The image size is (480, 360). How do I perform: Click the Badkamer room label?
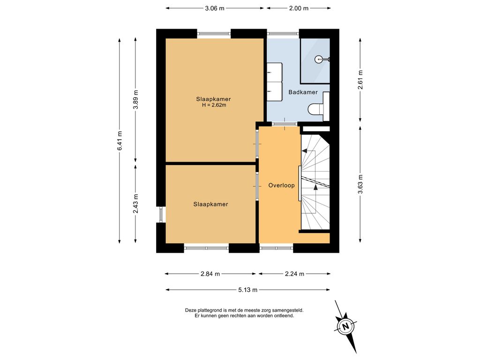[x=303, y=92]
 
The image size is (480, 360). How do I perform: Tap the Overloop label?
[x=281, y=185]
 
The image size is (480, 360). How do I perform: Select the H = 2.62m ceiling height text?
[x=214, y=105]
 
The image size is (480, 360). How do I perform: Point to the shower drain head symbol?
[x=319, y=59]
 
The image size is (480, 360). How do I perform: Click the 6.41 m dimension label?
[x=120, y=141]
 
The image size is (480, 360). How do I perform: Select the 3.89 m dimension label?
[x=136, y=99]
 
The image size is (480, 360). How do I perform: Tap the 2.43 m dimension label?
[x=136, y=203]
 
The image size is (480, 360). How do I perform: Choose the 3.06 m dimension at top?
[x=215, y=8]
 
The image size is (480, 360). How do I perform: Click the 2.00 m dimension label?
[x=299, y=8]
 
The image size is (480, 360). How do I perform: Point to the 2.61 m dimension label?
[x=360, y=80]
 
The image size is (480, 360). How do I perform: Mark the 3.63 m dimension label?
[x=360, y=184]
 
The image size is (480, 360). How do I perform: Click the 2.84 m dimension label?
[x=210, y=274]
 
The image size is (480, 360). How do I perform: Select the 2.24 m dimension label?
[x=294, y=274]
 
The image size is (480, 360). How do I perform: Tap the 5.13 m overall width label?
[x=247, y=290]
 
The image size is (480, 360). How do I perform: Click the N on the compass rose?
[x=346, y=326]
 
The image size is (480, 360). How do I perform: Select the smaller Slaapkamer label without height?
[x=210, y=204]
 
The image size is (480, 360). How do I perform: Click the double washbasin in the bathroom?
[x=275, y=82]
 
